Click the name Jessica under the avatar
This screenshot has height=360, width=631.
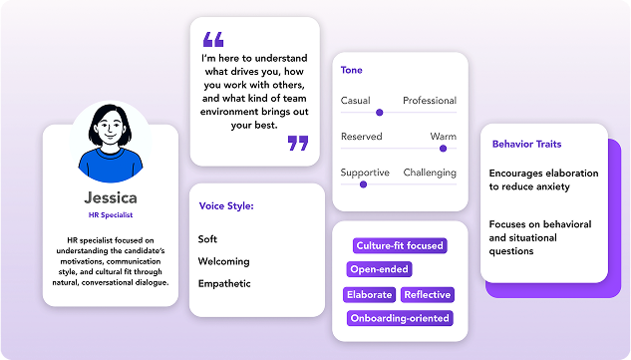(x=112, y=198)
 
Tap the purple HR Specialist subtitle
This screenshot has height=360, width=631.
(x=112, y=214)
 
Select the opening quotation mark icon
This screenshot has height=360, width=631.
(x=212, y=40)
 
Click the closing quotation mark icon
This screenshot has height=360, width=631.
(x=298, y=143)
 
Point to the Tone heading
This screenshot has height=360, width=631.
(x=352, y=71)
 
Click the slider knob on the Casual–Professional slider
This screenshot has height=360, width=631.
(x=378, y=113)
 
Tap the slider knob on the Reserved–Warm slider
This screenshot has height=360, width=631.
(x=442, y=149)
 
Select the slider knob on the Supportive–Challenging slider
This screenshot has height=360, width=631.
(x=363, y=183)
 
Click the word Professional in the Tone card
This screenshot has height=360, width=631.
(x=430, y=101)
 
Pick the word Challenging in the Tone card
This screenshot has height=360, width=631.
(x=430, y=173)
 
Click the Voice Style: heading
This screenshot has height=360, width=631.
(x=226, y=206)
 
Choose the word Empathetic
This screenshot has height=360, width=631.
(x=224, y=283)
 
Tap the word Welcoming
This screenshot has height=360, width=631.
(x=223, y=261)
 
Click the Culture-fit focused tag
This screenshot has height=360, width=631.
(x=400, y=245)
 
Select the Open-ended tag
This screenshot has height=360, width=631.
(x=379, y=269)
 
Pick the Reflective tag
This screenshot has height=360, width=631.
(x=427, y=294)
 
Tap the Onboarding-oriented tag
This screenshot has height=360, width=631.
(x=400, y=318)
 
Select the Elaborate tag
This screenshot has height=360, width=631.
(x=370, y=294)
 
